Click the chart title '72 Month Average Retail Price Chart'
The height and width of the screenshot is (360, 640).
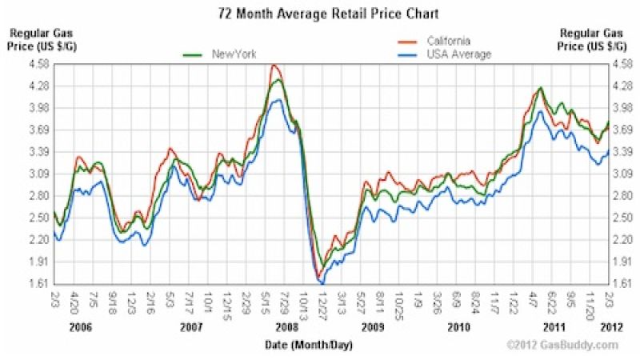pos(320,14)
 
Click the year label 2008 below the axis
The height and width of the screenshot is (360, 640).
pos(286,328)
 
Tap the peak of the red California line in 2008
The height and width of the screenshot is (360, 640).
pos(274,66)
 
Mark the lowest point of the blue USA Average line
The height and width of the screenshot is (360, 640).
pos(322,283)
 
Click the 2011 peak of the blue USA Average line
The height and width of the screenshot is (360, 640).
pos(542,112)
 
